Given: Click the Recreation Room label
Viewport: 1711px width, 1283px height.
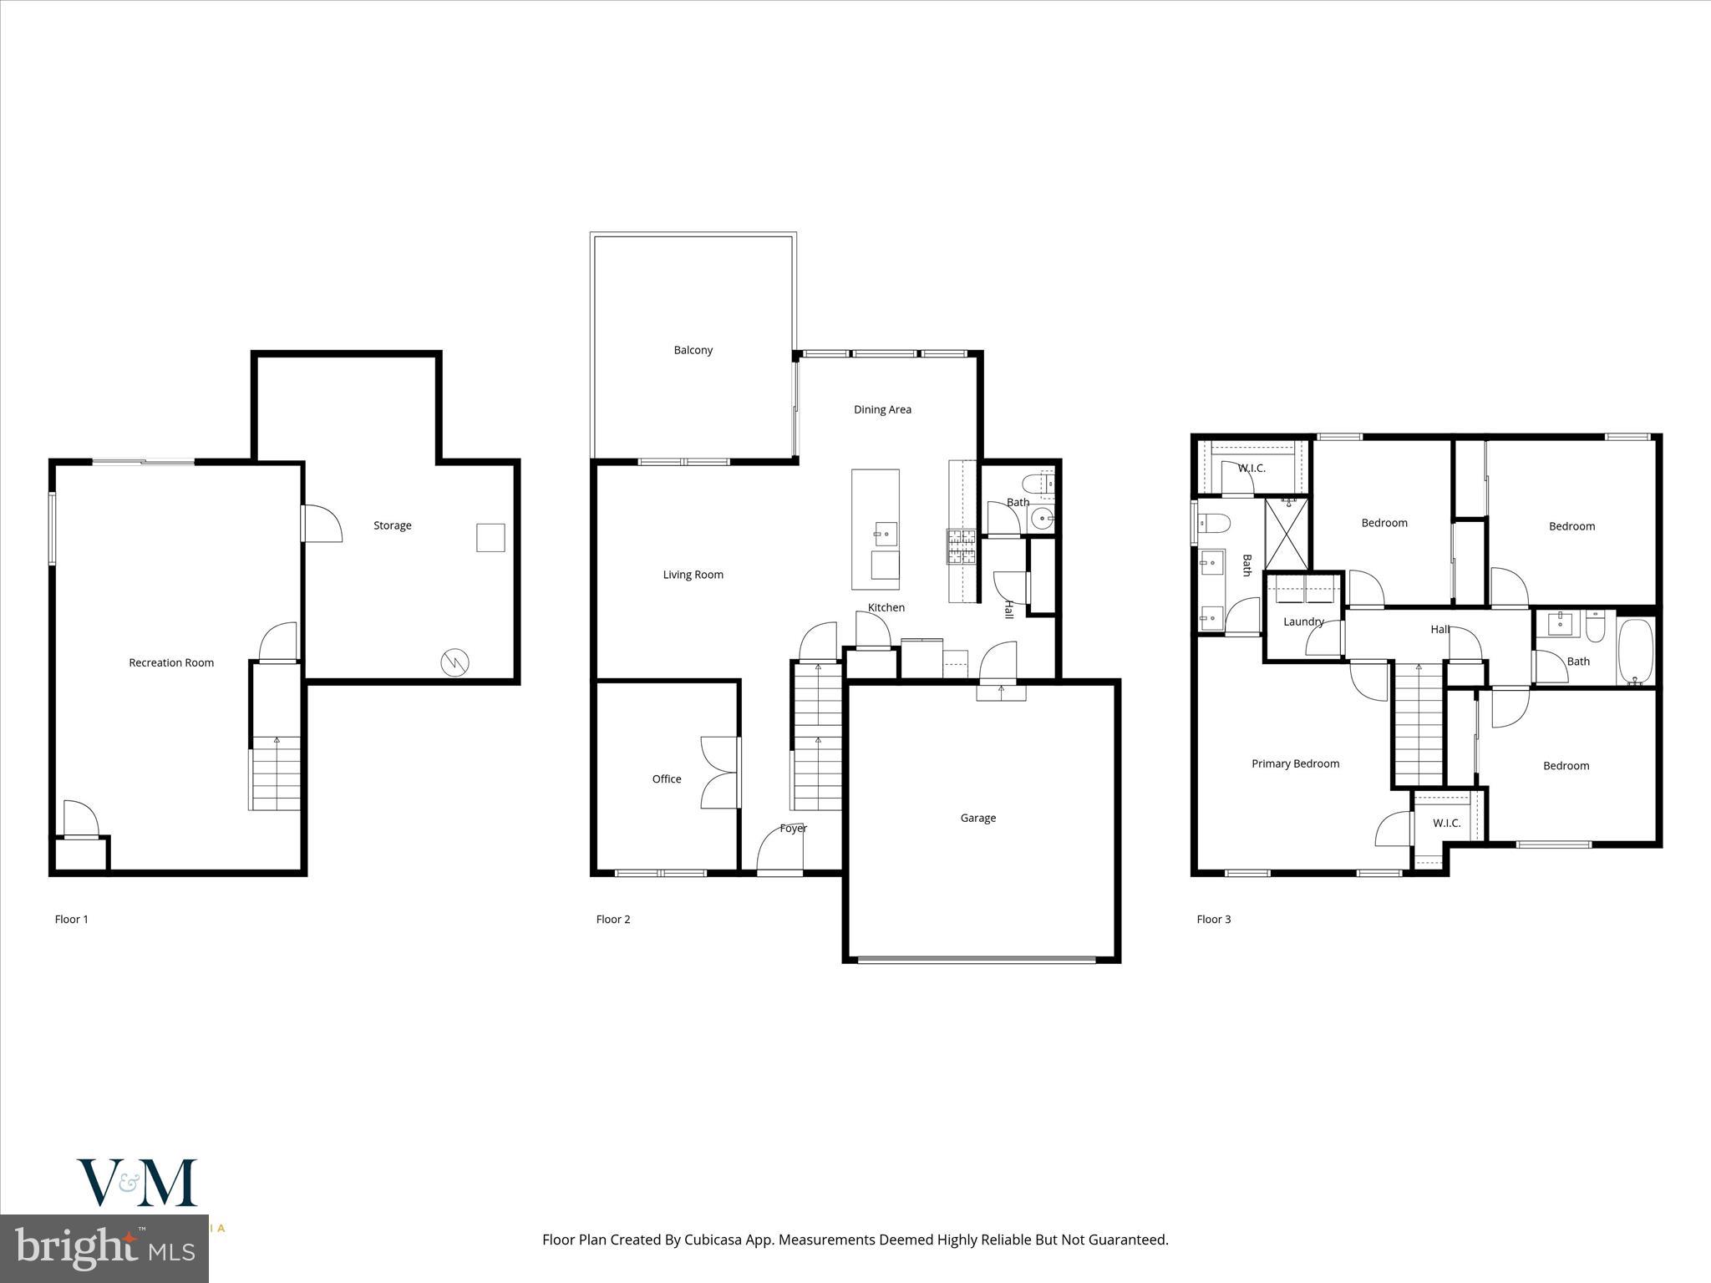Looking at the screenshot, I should pos(171,662).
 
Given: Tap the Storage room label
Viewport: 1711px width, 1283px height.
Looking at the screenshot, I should pos(392,525).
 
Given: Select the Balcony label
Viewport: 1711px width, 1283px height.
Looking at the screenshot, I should pos(693,350).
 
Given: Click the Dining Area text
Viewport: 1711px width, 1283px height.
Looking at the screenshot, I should pos(882,409).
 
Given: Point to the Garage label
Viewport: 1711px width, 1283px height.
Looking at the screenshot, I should pos(977,818).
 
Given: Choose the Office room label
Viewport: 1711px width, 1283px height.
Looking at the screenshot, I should pos(666,778).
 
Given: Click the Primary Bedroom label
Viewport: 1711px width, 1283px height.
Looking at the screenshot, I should pos(1295,763).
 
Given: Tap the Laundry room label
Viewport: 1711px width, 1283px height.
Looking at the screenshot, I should pos(1303,621).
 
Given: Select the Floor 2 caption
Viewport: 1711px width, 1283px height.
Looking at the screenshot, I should pos(612,919).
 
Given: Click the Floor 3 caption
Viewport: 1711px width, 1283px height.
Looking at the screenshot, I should pos(1213,919).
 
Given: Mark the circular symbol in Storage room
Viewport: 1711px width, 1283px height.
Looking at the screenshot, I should pos(454,663).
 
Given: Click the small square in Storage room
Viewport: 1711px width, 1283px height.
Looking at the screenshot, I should pos(490,537).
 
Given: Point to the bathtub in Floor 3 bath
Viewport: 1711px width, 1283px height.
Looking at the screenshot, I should pos(1635,652).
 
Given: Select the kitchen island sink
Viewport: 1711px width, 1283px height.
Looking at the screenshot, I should pos(886,533).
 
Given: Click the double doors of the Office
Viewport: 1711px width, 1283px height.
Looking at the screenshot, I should pos(721,773).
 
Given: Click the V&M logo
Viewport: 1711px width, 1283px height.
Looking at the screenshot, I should pos(137,1183).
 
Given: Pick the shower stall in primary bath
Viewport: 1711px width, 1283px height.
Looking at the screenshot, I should pos(1286,534).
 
